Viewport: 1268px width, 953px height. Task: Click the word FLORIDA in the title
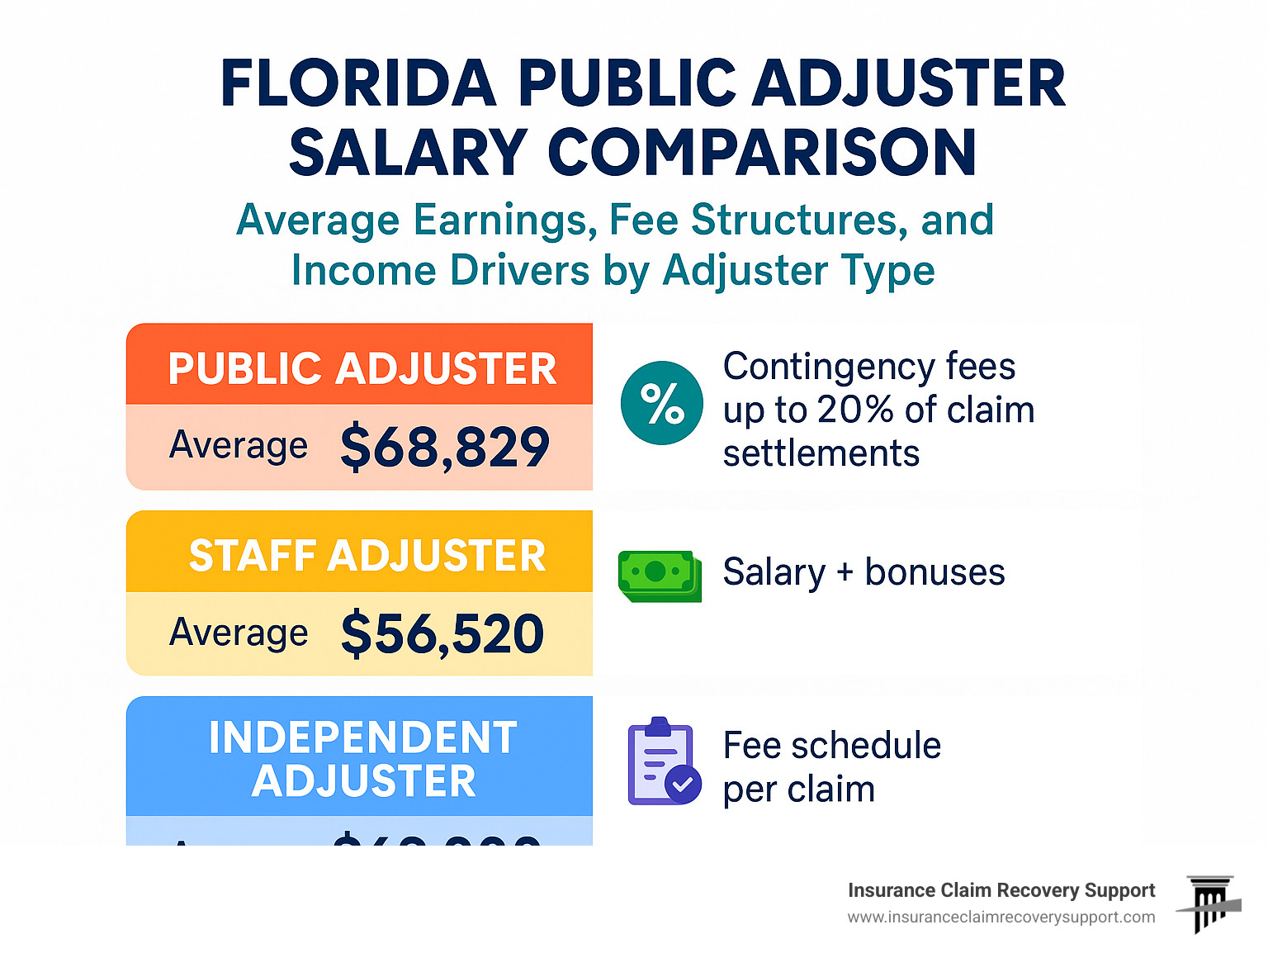coord(358,83)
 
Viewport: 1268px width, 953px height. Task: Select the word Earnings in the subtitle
coord(504,220)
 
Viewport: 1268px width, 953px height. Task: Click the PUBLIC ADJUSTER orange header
coord(362,368)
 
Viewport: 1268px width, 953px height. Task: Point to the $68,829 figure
coord(444,447)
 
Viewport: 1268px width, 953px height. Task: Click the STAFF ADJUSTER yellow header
coord(367,555)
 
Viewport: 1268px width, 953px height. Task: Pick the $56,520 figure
coord(442,633)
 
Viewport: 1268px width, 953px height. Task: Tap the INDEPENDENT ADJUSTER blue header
coord(363,759)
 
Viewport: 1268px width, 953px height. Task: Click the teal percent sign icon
coord(662,403)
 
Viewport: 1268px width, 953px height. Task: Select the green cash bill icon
coord(660,576)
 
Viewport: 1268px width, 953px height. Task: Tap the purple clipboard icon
coord(664,761)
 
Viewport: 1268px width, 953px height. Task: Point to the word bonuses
coord(934,572)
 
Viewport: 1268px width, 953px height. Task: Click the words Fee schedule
coord(831,746)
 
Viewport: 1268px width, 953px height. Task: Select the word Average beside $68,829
coord(239,446)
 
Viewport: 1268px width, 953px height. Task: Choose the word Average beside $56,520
coord(239,633)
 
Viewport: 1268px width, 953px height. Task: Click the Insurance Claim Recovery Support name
coord(1001,890)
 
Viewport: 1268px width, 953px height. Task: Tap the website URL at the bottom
coord(1001,917)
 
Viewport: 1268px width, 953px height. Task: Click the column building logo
coord(1209,903)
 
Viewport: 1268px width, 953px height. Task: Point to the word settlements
coord(821,453)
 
